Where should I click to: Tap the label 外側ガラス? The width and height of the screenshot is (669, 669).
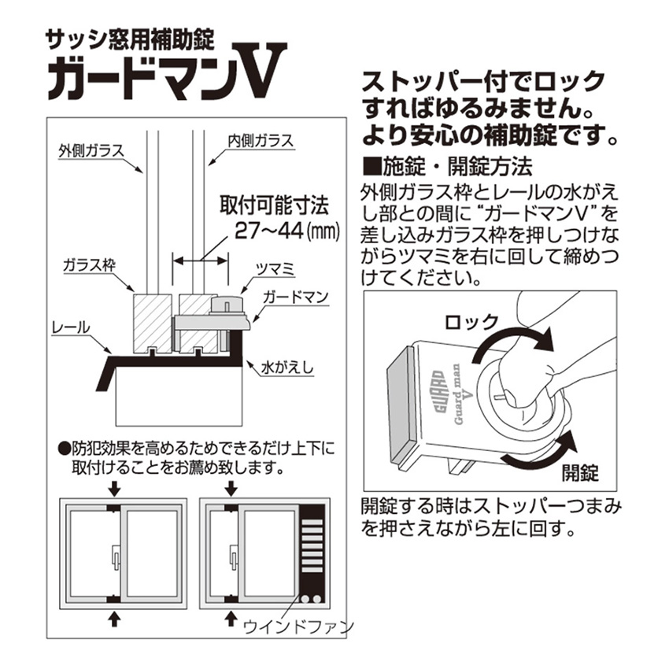point(91,150)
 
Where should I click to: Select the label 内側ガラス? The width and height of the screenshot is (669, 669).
point(261,140)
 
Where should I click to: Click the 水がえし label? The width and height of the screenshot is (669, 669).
point(293,366)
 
